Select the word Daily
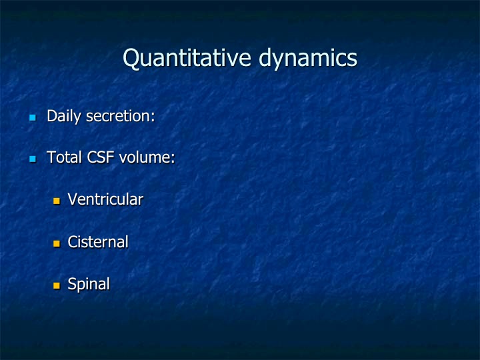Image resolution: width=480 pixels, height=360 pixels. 64,117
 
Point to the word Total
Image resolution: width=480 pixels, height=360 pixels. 64,157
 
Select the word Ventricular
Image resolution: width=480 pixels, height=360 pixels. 105,199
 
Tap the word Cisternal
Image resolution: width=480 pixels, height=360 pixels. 98,242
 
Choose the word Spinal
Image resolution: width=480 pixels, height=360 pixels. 89,285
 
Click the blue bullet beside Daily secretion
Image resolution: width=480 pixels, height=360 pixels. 33,117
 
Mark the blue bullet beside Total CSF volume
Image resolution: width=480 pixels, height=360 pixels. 33,159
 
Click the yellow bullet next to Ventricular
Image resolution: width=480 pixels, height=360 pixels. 57,201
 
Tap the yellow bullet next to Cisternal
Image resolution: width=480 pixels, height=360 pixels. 57,243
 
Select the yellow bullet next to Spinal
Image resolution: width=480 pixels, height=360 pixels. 57,285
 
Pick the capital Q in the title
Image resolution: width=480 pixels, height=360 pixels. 131,58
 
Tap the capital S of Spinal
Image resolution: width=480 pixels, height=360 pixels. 71,284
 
